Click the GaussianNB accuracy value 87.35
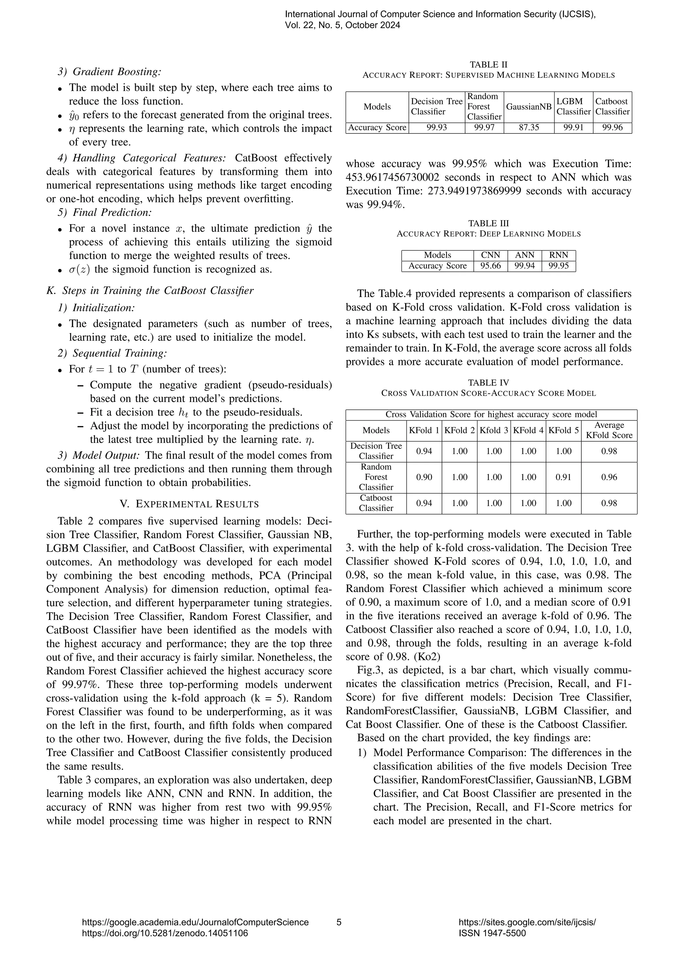[x=529, y=127]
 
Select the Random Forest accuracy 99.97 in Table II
[x=484, y=127]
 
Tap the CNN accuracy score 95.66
[x=491, y=266]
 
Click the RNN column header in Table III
[x=558, y=255]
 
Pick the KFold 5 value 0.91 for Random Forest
[x=563, y=477]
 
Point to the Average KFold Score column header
[x=609, y=430]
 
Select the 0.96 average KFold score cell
[x=609, y=477]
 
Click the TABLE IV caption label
[x=488, y=382]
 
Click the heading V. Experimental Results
[x=189, y=504]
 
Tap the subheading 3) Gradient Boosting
[x=109, y=72]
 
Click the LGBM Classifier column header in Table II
[x=573, y=107]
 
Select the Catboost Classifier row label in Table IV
[x=376, y=503]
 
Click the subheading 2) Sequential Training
[x=112, y=353]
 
